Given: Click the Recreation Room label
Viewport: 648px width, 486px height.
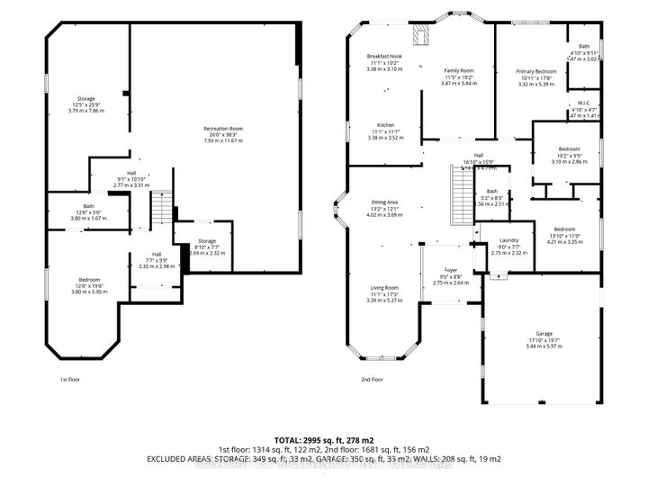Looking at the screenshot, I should (222, 129).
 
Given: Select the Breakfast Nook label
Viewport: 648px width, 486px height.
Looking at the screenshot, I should (383, 56).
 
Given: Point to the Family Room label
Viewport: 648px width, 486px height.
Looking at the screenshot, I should (459, 70).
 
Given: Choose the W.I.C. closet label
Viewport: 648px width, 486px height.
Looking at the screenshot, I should (584, 102).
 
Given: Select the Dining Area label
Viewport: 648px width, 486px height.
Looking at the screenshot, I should (384, 202).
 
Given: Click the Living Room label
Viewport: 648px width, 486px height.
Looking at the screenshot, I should (383, 288).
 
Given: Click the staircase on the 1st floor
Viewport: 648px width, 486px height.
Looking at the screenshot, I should (159, 211).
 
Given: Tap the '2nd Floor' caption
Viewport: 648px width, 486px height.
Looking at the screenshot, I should (373, 380).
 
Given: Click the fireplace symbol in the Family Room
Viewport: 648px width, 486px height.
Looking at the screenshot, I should (419, 33).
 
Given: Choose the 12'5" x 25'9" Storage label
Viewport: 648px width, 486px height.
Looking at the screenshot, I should (86, 99).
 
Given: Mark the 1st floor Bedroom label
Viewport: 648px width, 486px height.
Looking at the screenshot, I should (88, 280).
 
